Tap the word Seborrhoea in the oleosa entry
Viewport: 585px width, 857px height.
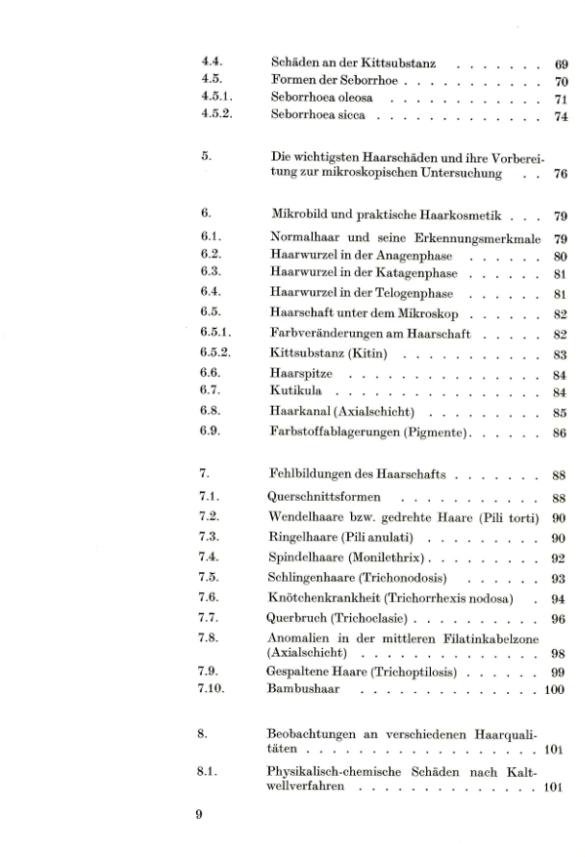[303, 99]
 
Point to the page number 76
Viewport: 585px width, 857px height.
[561, 175]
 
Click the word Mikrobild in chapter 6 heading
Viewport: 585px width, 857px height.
[300, 217]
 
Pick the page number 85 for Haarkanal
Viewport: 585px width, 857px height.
[561, 412]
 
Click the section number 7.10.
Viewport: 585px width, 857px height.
[213, 690]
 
